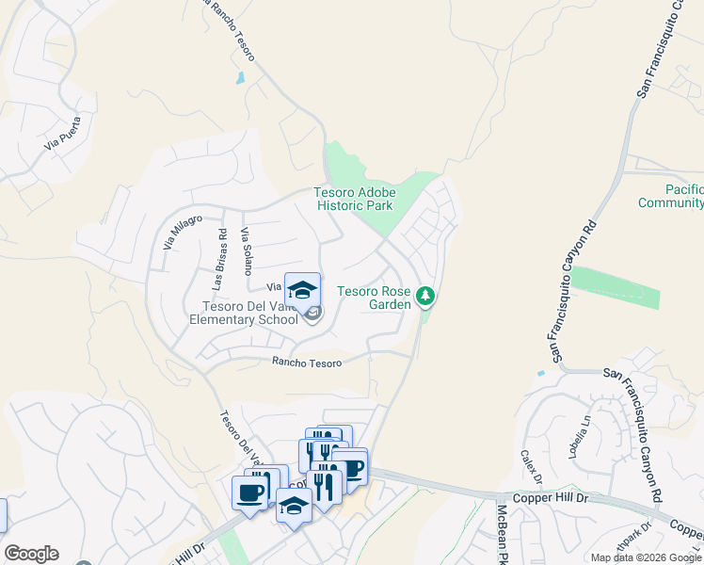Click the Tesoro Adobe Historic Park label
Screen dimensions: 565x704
point(355,199)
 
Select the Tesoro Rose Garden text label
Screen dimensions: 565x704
point(375,298)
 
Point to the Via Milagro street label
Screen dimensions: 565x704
point(182,231)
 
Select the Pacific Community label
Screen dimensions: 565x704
point(670,197)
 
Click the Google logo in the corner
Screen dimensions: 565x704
point(31,554)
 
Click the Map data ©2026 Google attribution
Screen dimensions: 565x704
point(647,557)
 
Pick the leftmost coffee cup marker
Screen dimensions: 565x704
point(250,492)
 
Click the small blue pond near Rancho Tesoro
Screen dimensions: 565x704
point(241,78)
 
